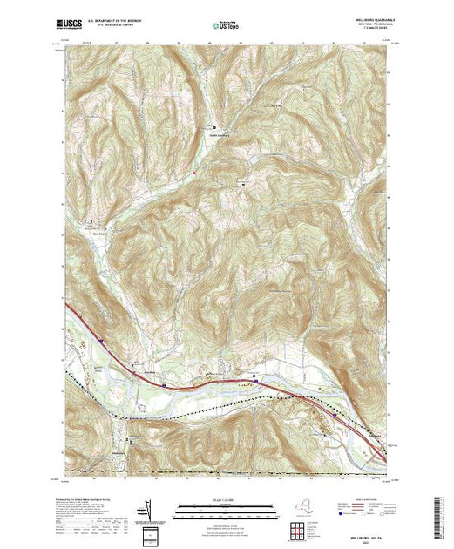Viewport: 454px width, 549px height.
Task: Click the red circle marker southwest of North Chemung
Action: coord(194,171)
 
